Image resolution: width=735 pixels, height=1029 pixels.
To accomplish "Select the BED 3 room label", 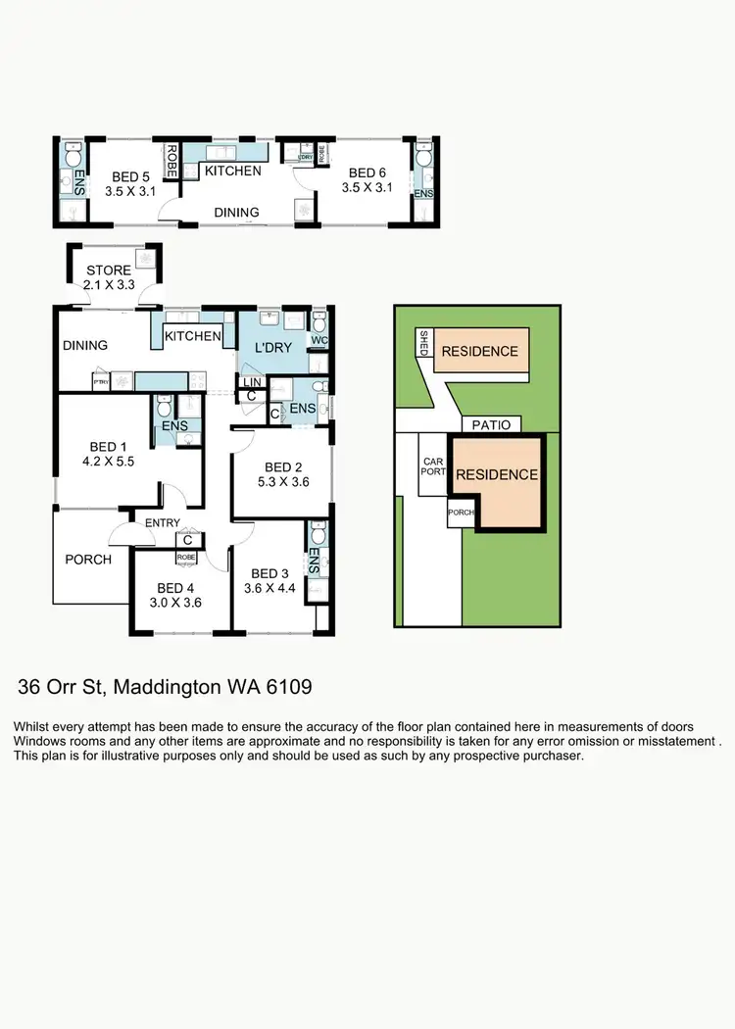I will [269, 573].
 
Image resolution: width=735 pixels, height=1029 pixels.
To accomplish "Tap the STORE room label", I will [107, 270].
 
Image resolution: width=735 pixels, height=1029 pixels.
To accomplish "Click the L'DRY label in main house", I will [274, 349].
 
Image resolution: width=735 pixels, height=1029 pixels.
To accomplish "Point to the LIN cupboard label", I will [251, 382].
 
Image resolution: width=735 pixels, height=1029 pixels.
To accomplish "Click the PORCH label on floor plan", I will [88, 560].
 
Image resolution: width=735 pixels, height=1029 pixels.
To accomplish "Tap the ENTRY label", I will [163, 523].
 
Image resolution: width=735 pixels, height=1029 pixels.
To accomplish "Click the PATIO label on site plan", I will [492, 424].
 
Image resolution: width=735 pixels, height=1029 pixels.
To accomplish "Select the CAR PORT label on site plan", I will [433, 465].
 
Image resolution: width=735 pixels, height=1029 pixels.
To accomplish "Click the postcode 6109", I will [287, 687].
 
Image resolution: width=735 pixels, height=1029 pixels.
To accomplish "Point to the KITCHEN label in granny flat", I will [232, 171].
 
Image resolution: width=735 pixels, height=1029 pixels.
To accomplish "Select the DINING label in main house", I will [85, 345].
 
